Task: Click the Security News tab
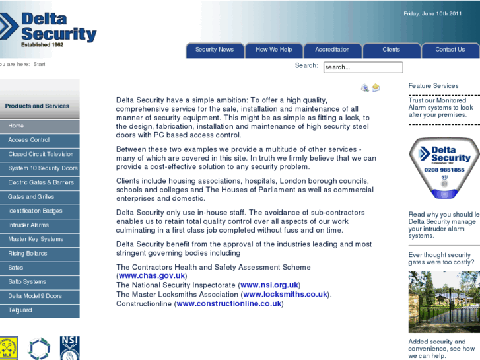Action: pyautogui.click(x=215, y=50)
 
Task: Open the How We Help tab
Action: pyautogui.click(x=274, y=50)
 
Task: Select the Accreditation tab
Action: pyautogui.click(x=332, y=50)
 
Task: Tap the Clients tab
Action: pyautogui.click(x=391, y=50)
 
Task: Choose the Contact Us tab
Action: pyautogui.click(x=450, y=50)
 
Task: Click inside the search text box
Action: pyautogui.click(x=362, y=67)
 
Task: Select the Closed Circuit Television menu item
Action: pyautogui.click(x=40, y=154)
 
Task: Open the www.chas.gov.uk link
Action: pyautogui.click(x=152, y=276)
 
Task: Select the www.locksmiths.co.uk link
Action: pyautogui.click(x=286, y=295)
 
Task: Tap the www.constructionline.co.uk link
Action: pyautogui.click(x=229, y=304)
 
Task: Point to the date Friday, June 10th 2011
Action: pyautogui.click(x=432, y=13)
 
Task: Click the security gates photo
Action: pyautogui.click(x=444, y=302)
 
